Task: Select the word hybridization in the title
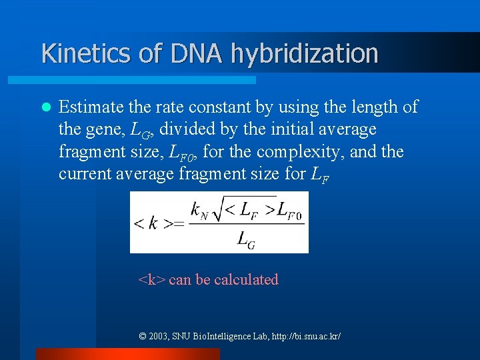[x=305, y=53]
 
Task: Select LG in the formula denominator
[x=246, y=240]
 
